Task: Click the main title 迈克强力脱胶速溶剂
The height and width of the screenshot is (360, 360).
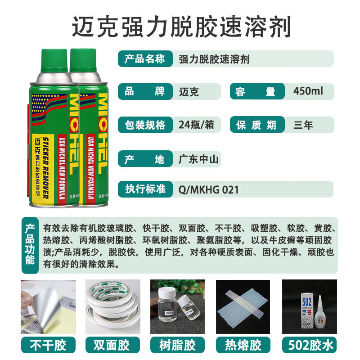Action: (181, 27)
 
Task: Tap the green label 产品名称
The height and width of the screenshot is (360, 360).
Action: (145, 59)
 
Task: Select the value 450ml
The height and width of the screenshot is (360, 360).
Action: (308, 91)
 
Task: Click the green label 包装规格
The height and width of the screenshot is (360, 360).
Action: (145, 125)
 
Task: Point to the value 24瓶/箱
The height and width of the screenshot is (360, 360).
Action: (196, 125)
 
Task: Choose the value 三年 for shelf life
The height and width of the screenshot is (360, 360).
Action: (303, 125)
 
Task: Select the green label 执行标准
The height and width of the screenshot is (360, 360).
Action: (145, 189)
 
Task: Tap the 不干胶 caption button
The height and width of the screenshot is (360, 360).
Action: (48, 345)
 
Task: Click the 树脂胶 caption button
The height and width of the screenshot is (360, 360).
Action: (178, 345)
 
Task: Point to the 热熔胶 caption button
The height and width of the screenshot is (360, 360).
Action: (243, 345)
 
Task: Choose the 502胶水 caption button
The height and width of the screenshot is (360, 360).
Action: (309, 345)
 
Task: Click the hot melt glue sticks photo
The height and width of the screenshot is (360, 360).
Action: (243, 306)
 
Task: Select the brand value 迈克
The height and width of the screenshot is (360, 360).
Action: (189, 92)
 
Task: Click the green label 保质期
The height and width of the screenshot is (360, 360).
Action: (256, 125)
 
